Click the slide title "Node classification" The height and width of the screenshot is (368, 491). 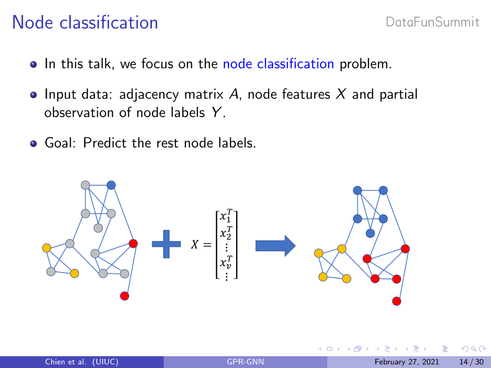coord(85,22)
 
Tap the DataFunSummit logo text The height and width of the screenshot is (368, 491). coord(432,22)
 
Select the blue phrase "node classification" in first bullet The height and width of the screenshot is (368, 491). coord(278,64)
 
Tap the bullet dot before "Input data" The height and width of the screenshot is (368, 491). coord(33,95)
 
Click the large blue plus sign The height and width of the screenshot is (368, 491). coord(166,244)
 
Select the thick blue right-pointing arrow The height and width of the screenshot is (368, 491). coord(276,246)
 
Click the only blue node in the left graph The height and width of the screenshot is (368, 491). coord(111,185)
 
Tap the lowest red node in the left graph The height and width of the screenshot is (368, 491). coord(125,296)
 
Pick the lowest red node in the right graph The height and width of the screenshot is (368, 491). coord(396,301)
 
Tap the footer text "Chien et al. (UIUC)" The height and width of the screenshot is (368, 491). coord(81,362)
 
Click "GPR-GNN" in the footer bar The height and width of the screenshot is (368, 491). coord(245,362)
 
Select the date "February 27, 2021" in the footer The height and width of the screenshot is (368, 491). coord(406,362)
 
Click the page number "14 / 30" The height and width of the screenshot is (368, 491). coord(471,362)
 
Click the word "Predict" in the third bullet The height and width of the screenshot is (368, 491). coord(106,144)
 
